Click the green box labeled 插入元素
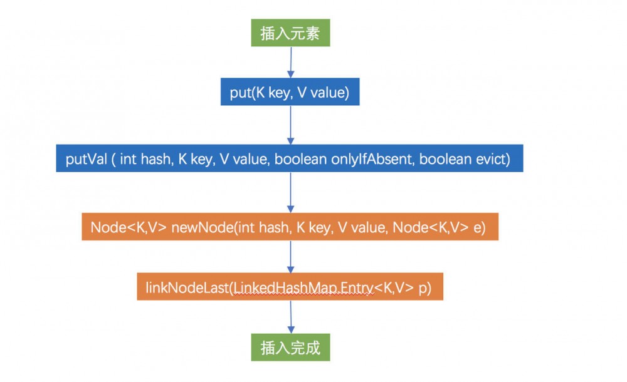(290, 33)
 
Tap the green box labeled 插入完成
(290, 348)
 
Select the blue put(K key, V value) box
(290, 94)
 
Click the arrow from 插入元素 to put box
(290, 62)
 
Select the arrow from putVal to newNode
(290, 192)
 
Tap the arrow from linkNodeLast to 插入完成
(290, 317)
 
